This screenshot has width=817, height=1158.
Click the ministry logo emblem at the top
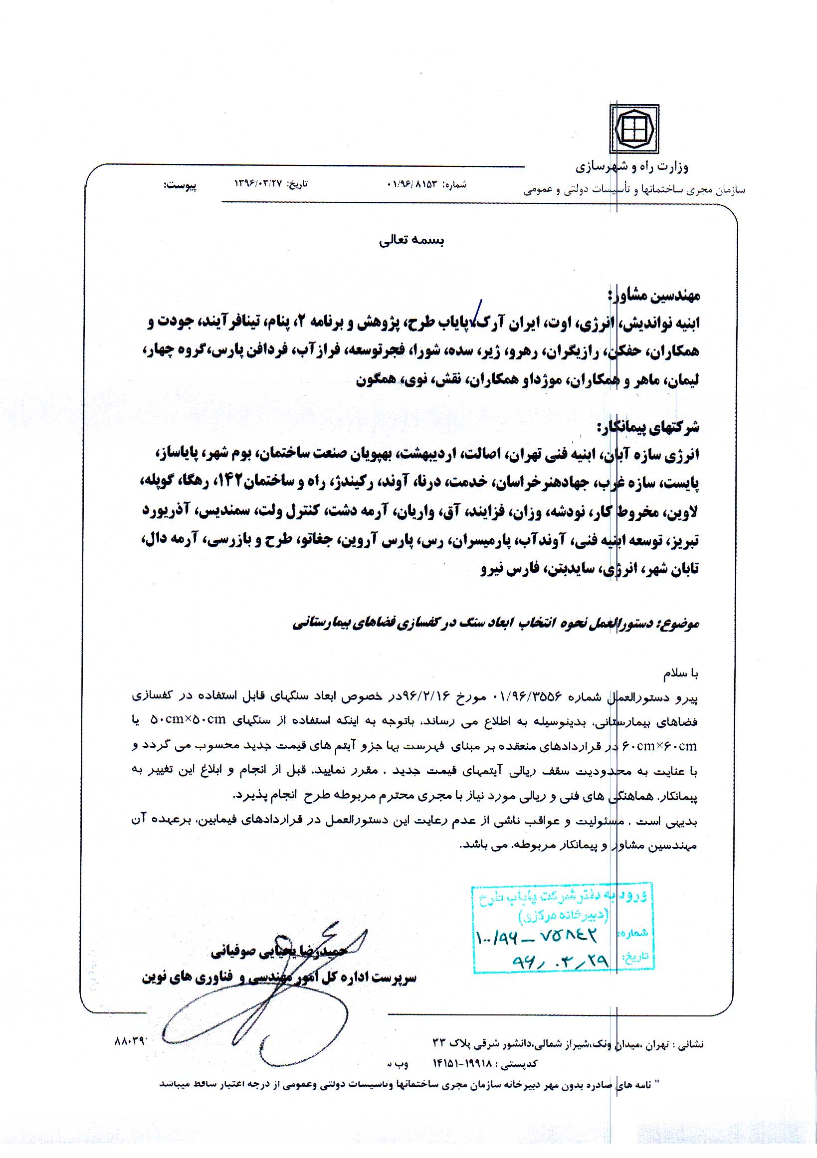pyautogui.click(x=634, y=129)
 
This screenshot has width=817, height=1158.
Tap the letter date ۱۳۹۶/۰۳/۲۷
pyautogui.click(x=257, y=184)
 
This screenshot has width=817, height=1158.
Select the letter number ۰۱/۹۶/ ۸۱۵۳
pyautogui.click(x=413, y=184)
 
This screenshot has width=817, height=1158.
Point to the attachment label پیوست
pyautogui.click(x=180, y=185)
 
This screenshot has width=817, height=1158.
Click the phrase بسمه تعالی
pyautogui.click(x=411, y=241)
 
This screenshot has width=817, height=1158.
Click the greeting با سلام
pyautogui.click(x=680, y=673)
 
